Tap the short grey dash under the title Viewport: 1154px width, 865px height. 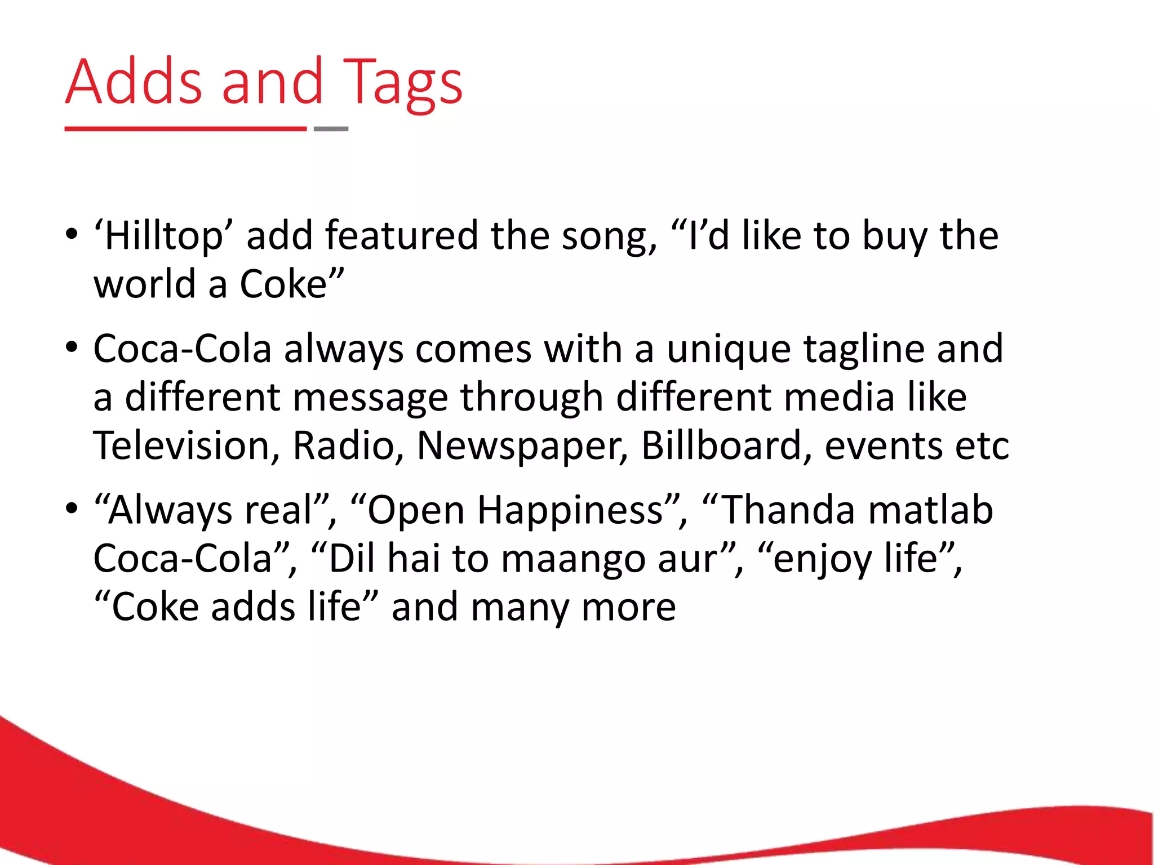(x=331, y=129)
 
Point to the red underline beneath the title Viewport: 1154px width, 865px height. (x=185, y=129)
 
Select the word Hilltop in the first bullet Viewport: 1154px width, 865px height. (x=163, y=235)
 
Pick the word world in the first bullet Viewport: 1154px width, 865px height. (x=145, y=284)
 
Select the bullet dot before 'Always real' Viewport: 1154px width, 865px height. (x=71, y=509)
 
